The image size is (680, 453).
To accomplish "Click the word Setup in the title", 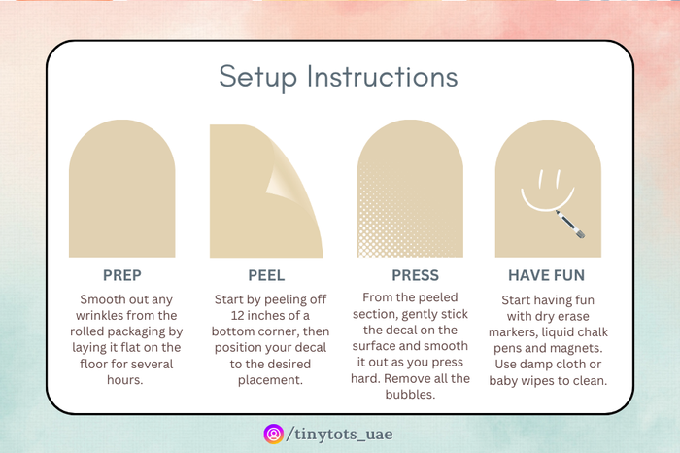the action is tap(257, 77).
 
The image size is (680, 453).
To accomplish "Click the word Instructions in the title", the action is tap(383, 76).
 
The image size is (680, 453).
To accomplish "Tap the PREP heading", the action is tap(121, 275).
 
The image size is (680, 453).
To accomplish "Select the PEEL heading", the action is tap(266, 275).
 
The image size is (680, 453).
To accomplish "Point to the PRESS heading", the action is tap(415, 275).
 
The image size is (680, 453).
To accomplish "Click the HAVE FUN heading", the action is tap(546, 275).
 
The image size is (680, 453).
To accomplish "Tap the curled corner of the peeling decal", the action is tap(284, 178).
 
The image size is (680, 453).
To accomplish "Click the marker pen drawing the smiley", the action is tap(570, 224).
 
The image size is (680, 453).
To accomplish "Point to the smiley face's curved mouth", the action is tap(547, 204).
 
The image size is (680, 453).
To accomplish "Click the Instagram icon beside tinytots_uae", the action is tap(274, 434).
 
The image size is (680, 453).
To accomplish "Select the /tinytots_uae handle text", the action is tap(340, 434).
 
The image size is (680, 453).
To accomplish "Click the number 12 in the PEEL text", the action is tap(238, 316).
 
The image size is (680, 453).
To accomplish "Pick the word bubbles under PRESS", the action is tap(410, 395).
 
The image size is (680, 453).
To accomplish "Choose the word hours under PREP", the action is tap(125, 380).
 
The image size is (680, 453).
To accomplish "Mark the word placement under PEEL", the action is tap(270, 380).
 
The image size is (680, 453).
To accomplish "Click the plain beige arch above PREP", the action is tap(121, 189).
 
